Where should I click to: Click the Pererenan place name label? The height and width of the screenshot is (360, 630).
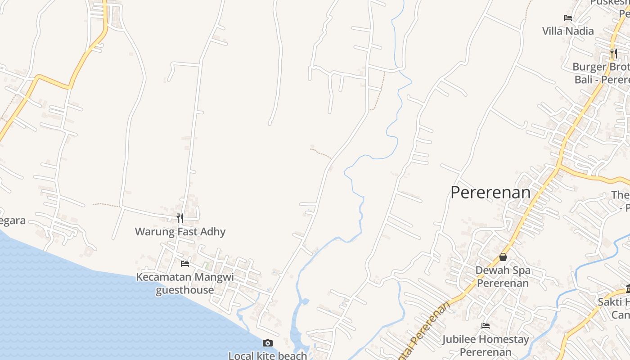point(490,193)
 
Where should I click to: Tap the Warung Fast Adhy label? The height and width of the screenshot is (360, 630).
point(180,232)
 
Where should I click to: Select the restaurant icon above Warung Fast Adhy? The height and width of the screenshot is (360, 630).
point(180,218)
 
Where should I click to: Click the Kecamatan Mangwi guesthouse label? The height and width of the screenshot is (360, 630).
point(185,283)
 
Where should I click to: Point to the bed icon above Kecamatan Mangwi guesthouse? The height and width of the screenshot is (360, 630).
point(184,263)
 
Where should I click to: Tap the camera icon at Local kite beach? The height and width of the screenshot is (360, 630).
point(268,343)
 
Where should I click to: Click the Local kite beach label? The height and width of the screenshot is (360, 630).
point(268,355)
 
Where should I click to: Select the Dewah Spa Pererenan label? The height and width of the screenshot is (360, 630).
point(503,276)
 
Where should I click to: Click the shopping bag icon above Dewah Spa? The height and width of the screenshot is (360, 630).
point(503,257)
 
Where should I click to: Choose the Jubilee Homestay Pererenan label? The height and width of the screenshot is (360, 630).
point(486,345)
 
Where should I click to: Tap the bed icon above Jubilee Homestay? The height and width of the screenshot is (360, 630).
point(486,326)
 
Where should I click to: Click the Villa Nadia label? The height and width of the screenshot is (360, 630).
point(568,31)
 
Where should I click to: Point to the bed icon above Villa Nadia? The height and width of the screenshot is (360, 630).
point(568,18)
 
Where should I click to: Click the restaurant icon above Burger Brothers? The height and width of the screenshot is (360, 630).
point(613,54)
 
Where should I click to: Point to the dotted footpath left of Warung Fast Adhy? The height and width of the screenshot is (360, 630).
point(106,205)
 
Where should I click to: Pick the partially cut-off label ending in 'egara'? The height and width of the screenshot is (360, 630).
point(13,220)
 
